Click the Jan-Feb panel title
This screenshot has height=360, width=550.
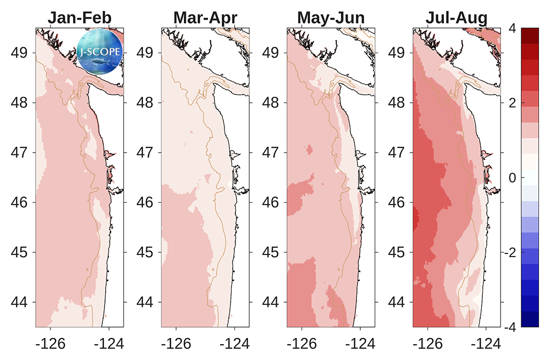[79, 18]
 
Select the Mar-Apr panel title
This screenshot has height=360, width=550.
[205, 18]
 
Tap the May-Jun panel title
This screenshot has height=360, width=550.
[331, 18]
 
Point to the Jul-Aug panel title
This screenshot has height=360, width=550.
[457, 18]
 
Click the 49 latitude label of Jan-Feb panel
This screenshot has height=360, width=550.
[20, 53]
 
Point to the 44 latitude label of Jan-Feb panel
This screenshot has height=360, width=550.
[20, 302]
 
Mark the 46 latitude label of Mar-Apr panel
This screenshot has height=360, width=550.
[146, 203]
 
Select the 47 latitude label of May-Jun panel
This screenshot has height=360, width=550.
[272, 153]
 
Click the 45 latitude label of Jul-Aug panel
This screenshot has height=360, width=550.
[398, 252]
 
